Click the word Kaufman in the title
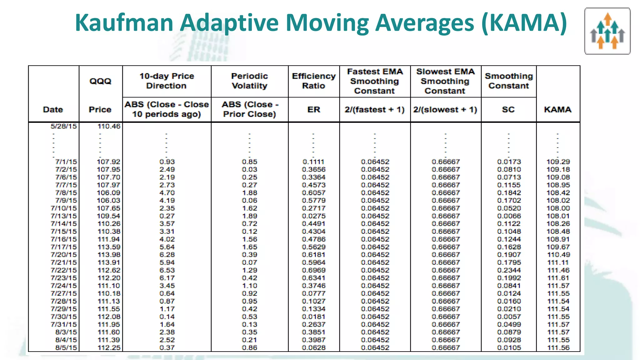pos(124,23)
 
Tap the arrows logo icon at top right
pos(607,31)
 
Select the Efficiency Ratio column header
pos(313,81)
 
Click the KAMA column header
pos(558,110)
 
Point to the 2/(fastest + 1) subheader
pos(374,110)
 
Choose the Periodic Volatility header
pos(249,81)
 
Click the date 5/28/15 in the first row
pos(64,126)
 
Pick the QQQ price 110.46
pos(109,126)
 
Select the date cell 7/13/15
pos(64,216)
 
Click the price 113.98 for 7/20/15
pos(109,255)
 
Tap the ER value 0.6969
pos(313,270)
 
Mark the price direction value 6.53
pos(167,270)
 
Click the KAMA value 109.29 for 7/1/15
pos(558,162)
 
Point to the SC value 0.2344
pos(509,270)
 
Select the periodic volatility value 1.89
pos(249,216)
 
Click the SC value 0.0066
pos(509,216)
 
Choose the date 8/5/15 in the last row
pos(66,347)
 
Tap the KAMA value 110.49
pos(558,255)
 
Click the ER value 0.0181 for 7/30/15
pos(313,317)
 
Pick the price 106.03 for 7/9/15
pos(109,200)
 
